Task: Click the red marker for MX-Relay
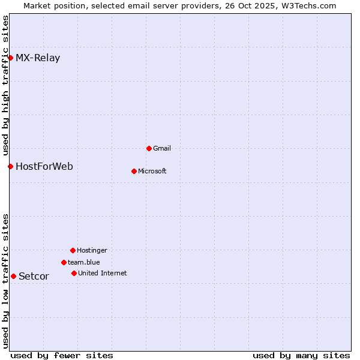[x=10, y=58]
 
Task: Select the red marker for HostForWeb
[x=10, y=166]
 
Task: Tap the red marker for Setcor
[x=13, y=276]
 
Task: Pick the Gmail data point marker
[x=149, y=148]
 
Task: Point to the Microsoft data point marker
[x=134, y=171]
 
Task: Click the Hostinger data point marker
[x=73, y=250]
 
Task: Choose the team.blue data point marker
[x=64, y=262]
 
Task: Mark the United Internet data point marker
[x=74, y=273]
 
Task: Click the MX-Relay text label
[x=38, y=58]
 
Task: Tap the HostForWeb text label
[x=44, y=166]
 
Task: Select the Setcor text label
[x=34, y=277]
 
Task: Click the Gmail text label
[x=162, y=148]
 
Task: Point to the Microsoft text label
[x=152, y=171]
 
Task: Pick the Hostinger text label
[x=92, y=250]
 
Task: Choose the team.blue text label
[x=84, y=262]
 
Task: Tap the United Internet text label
[x=103, y=273]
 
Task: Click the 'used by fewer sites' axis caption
[x=62, y=355]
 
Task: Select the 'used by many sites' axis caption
[x=301, y=355]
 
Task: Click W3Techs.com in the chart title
[x=309, y=5]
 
